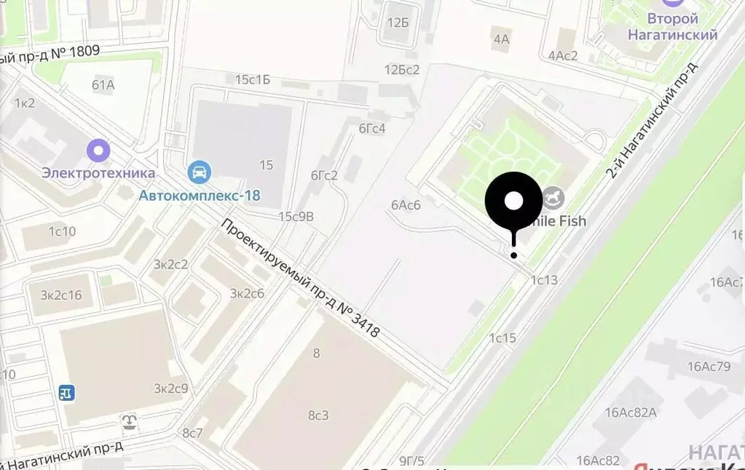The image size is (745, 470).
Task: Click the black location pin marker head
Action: (x=513, y=201)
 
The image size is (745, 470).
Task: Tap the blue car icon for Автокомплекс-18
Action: (x=199, y=173)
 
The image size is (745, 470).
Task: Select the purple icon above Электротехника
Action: (x=98, y=151)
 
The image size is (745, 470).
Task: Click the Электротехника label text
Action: (x=98, y=173)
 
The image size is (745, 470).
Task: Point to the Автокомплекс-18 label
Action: (x=200, y=195)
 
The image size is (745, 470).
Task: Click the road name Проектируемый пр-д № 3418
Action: (x=301, y=279)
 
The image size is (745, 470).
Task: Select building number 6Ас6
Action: (x=406, y=204)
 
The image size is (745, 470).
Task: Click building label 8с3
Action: (x=318, y=415)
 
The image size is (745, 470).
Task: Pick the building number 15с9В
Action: (x=296, y=216)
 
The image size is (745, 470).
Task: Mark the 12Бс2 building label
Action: (x=402, y=70)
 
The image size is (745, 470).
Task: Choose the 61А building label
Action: (x=103, y=85)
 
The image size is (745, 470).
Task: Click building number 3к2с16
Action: (x=60, y=295)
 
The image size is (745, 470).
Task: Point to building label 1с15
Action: (x=502, y=338)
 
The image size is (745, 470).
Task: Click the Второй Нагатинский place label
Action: (x=673, y=27)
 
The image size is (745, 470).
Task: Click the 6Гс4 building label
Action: (x=371, y=129)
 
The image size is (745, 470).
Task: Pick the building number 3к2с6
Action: (x=247, y=293)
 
